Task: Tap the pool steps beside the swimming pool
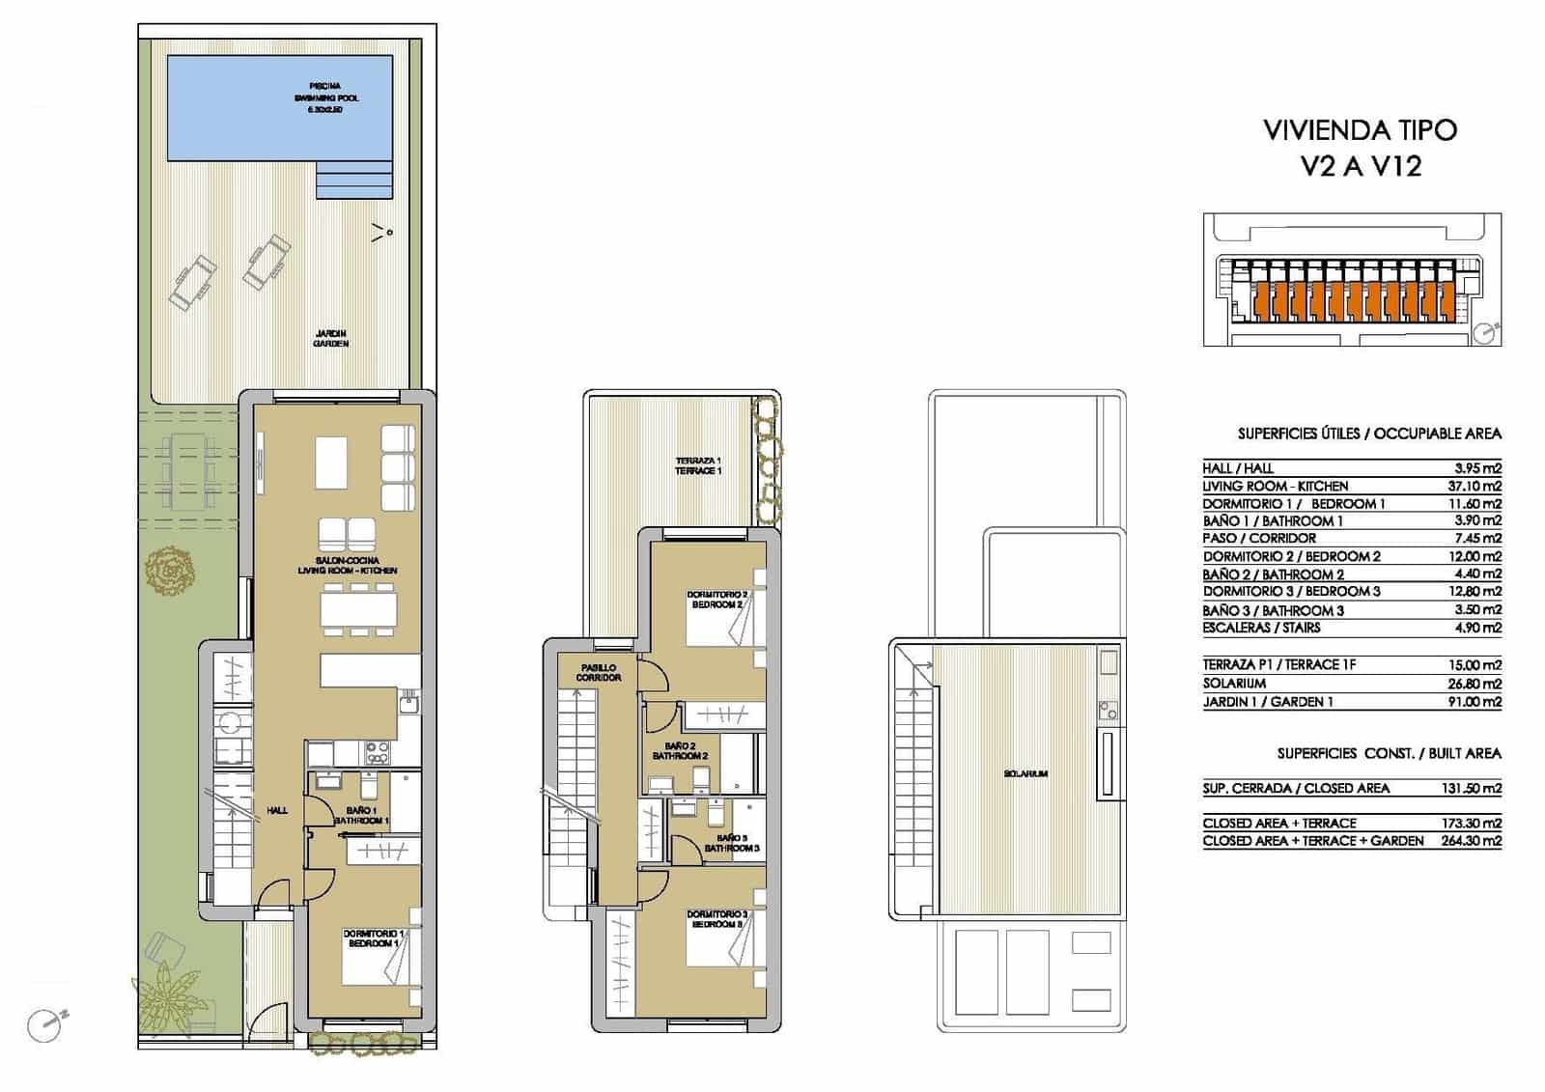354,179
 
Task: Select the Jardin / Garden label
331,338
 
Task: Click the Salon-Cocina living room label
347,566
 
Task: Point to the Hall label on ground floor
277,810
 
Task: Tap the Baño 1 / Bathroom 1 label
360,816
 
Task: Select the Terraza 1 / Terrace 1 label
698,465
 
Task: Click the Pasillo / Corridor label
599,673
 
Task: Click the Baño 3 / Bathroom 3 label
732,843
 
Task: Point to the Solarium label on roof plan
1025,773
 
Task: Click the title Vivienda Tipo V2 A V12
1360,147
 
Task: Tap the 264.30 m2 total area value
1472,841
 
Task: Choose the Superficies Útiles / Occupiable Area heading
1369,434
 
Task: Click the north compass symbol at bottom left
44,1025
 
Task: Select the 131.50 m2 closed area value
1472,788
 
